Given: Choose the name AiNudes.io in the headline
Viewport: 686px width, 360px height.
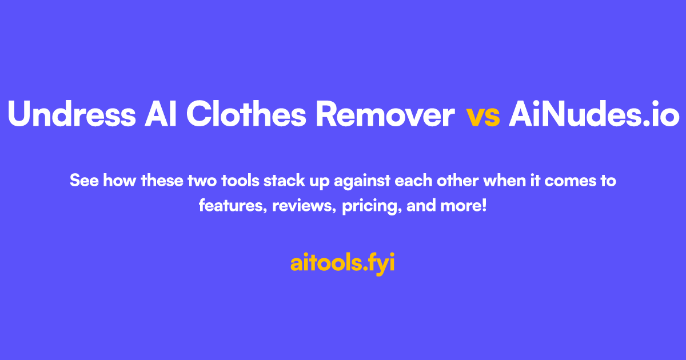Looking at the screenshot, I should (x=594, y=115).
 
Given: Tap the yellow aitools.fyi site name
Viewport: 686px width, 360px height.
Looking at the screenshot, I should (x=342, y=263).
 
